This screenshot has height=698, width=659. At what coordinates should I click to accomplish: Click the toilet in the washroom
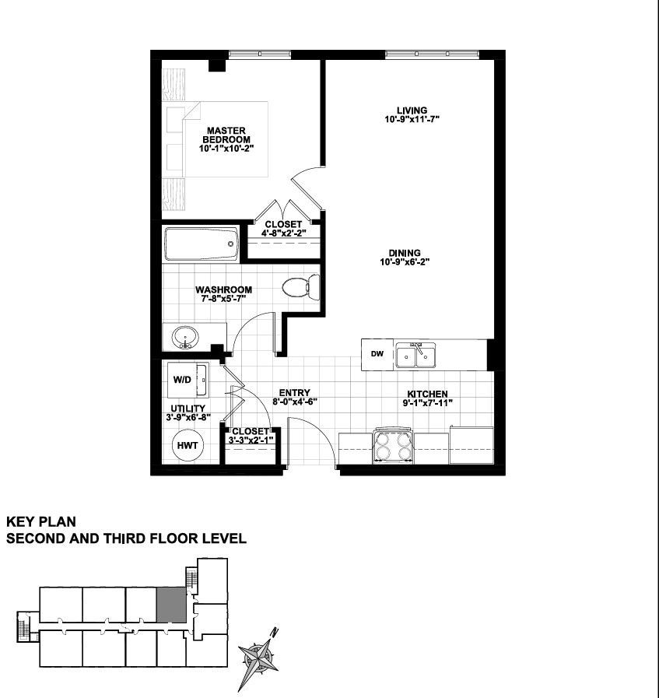(301, 286)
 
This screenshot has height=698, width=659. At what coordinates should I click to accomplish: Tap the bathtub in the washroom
(202, 244)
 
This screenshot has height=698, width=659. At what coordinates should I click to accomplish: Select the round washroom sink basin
(185, 338)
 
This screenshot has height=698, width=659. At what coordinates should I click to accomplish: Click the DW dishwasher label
(377, 354)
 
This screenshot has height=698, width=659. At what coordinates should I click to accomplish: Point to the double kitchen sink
(416, 355)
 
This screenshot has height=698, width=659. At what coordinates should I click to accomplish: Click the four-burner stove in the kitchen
(394, 446)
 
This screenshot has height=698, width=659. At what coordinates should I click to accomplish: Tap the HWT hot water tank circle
(188, 446)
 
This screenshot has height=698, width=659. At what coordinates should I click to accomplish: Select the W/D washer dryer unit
(188, 380)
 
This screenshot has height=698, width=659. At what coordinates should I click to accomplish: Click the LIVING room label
(412, 110)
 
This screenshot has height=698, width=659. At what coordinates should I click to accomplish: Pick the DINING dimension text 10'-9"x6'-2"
(405, 262)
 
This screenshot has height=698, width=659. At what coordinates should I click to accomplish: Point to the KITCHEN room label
(428, 394)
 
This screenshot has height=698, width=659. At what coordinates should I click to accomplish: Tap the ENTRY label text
(295, 393)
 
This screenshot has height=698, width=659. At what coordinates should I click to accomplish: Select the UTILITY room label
(188, 409)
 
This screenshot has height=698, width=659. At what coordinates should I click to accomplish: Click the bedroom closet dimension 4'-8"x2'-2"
(283, 233)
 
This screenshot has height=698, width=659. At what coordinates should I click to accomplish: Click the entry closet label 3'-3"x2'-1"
(251, 440)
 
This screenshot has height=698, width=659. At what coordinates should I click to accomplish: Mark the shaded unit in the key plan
(171, 605)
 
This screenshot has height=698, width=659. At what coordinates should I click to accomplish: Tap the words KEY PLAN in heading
(41, 521)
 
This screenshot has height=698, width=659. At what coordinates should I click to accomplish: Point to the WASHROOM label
(224, 289)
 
